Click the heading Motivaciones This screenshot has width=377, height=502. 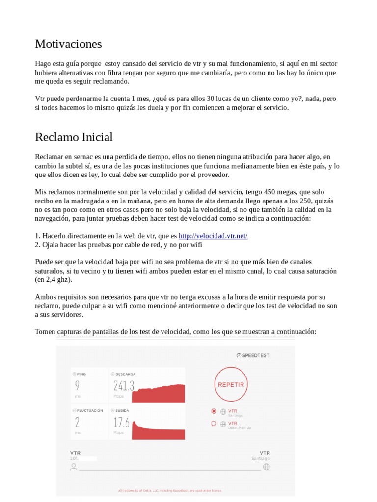click(68, 44)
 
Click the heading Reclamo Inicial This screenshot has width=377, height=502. click(74, 137)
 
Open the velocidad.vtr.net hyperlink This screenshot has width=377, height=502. click(213, 236)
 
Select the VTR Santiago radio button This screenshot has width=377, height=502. click(214, 411)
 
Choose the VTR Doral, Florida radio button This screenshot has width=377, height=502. click(214, 423)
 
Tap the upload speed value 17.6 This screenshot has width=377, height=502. click(121, 422)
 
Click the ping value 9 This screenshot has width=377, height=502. click(77, 386)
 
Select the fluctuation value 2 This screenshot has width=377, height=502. click(77, 422)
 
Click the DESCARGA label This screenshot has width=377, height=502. click(126, 374)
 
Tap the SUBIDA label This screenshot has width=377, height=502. click(123, 410)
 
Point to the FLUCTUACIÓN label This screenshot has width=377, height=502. click(89, 410)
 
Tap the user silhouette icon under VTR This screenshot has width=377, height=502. click(74, 467)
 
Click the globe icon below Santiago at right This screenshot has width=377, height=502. click(266, 467)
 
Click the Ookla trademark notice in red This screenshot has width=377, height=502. click(170, 490)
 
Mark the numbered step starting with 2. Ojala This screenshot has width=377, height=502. click(118, 244)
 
